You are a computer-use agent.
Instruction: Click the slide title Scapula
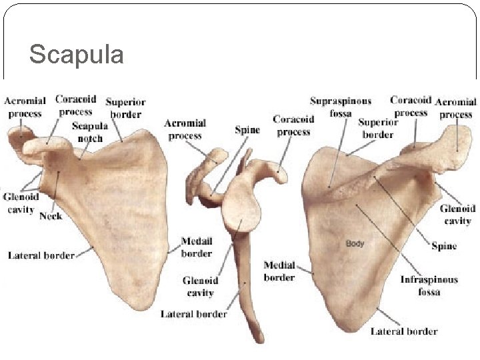(76, 54)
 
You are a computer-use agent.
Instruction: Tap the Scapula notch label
(89, 132)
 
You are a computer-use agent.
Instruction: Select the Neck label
(51, 215)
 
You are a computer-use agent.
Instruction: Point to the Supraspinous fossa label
(340, 107)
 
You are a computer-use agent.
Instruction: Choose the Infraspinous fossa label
(429, 285)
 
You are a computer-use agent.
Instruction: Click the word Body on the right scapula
(355, 243)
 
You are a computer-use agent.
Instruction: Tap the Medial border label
(279, 271)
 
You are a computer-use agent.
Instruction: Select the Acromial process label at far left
(25, 107)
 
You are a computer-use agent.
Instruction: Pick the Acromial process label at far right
(455, 108)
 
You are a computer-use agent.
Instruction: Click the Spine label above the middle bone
(247, 129)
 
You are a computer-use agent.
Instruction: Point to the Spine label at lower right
(444, 246)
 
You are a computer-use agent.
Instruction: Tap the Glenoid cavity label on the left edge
(21, 203)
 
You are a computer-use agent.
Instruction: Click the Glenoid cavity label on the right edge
(457, 215)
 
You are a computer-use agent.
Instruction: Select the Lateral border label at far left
(41, 255)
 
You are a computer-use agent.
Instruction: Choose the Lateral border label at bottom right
(404, 331)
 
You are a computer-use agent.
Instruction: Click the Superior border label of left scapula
(125, 108)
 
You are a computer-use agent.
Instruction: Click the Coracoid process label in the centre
(293, 125)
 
